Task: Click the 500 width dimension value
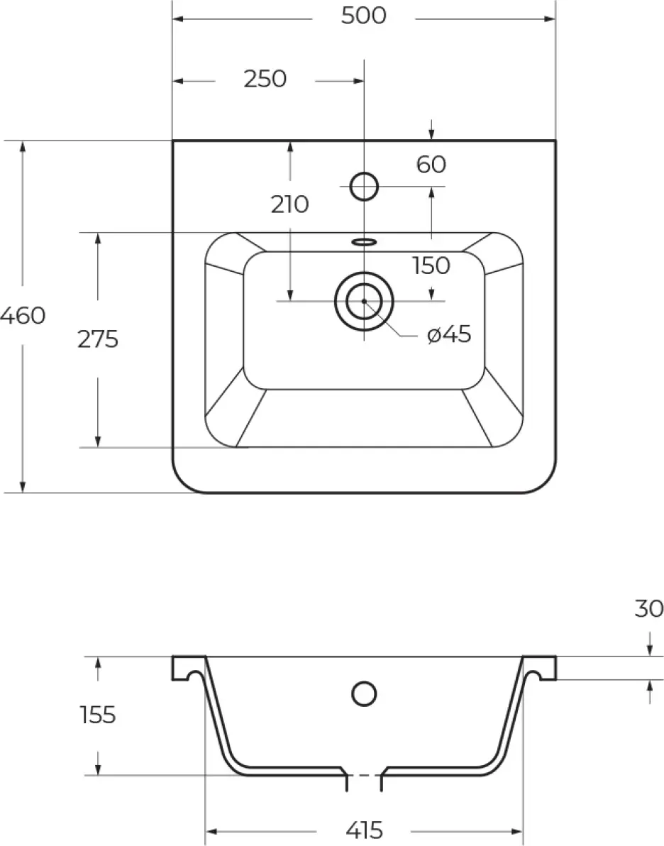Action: click(x=363, y=16)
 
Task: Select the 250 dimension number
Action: click(x=265, y=79)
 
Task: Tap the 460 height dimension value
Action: click(x=23, y=316)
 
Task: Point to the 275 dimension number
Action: click(x=98, y=339)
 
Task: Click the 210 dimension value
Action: click(x=289, y=204)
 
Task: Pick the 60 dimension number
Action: click(x=431, y=165)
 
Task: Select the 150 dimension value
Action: click(x=431, y=265)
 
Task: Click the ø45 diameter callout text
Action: click(x=449, y=334)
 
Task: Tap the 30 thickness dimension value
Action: click(x=648, y=609)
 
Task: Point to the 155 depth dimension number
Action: click(x=98, y=715)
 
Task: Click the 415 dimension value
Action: click(x=364, y=830)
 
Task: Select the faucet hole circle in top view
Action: click(x=364, y=186)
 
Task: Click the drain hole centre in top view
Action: click(x=364, y=300)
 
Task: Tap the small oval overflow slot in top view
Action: click(x=364, y=241)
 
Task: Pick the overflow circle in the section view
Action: click(x=364, y=693)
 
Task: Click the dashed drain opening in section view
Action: click(x=364, y=775)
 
